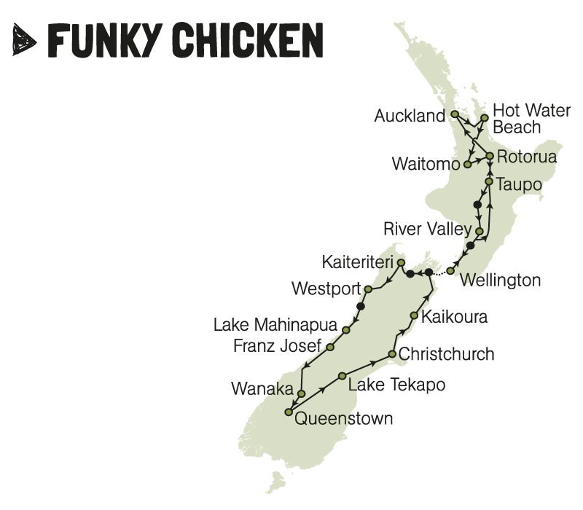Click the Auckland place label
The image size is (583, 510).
click(x=409, y=116)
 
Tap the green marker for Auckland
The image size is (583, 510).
click(x=454, y=114)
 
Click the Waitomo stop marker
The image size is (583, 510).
click(x=467, y=165)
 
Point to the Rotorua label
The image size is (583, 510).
click(x=527, y=157)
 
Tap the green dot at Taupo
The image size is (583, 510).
click(x=489, y=179)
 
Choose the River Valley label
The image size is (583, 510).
click(x=428, y=229)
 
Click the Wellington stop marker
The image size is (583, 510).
click(x=450, y=271)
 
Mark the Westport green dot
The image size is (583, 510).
click(x=368, y=289)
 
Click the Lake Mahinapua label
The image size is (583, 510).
click(x=275, y=325)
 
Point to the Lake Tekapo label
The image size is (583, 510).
click(x=396, y=384)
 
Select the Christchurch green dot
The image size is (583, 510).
click(x=392, y=355)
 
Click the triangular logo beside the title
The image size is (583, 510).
click(x=26, y=40)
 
